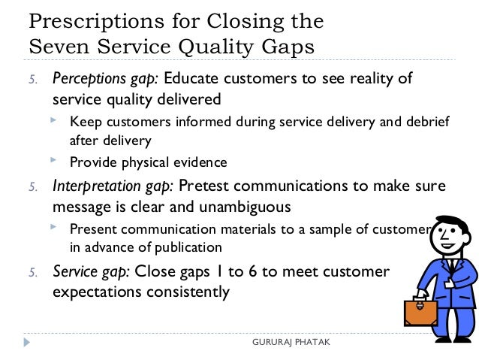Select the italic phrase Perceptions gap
tap(104, 80)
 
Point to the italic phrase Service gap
tap(89, 272)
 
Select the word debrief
tap(426, 123)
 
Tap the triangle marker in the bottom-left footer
tap(28, 343)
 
